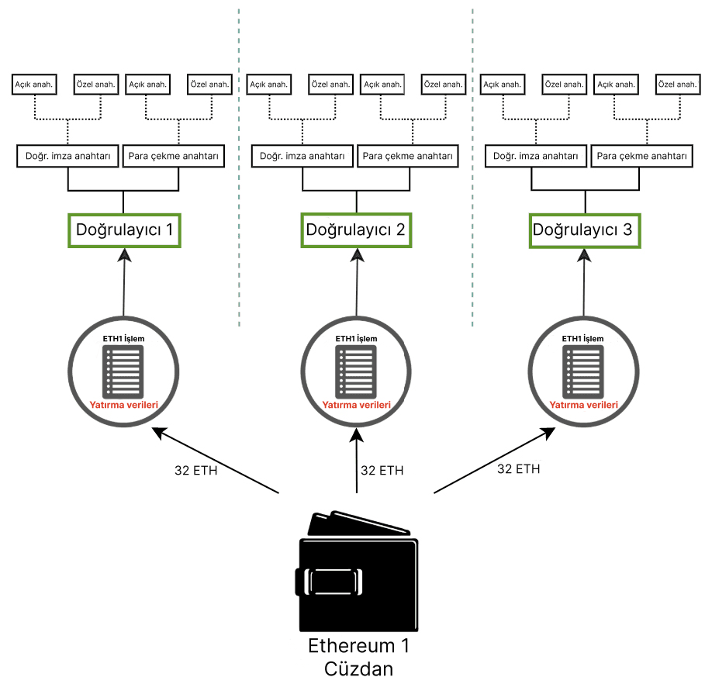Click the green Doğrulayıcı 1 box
click(x=124, y=230)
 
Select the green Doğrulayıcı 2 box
click(x=356, y=230)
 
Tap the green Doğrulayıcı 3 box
click(x=586, y=230)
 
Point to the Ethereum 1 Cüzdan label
click(x=357, y=658)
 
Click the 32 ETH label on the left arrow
click(x=196, y=470)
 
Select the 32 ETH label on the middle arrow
click(x=382, y=470)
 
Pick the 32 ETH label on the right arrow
click(x=519, y=468)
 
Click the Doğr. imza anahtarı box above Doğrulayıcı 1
click(x=68, y=156)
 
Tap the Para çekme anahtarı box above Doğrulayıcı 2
click(x=409, y=156)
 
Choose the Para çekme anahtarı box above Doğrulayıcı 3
click(x=641, y=156)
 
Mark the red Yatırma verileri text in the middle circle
click(x=356, y=405)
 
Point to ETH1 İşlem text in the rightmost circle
click(x=582, y=338)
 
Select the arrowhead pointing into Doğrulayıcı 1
click(x=124, y=256)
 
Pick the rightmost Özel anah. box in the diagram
click(x=675, y=84)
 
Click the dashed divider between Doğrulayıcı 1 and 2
click(x=238, y=171)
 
